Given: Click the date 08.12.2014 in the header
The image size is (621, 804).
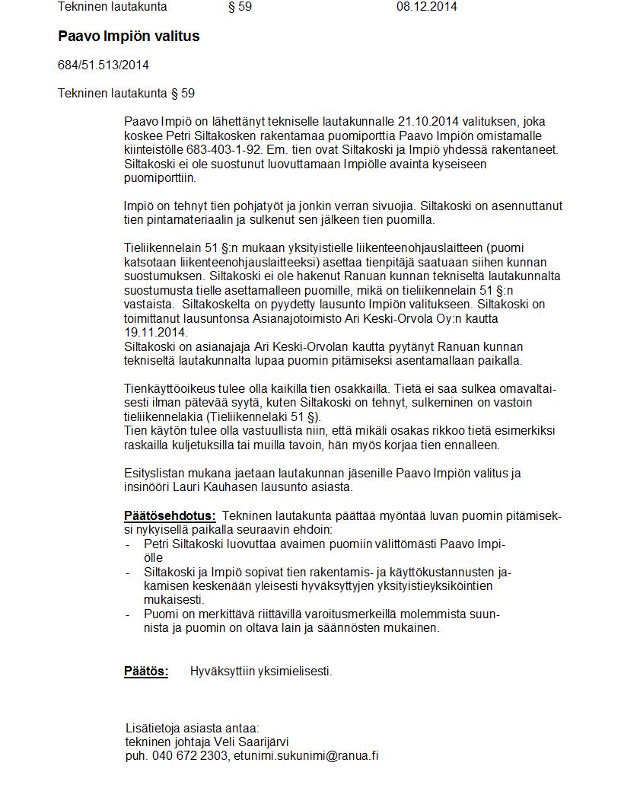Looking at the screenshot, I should coord(426,7).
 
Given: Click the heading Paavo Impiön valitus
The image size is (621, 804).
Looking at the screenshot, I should coord(129,37).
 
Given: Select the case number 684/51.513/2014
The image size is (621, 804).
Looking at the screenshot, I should coord(103,65).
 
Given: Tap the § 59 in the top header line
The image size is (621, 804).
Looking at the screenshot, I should coord(240,7).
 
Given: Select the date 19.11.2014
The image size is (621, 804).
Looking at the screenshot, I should coord(155,333).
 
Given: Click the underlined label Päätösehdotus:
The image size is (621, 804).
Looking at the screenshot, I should coord(170,515).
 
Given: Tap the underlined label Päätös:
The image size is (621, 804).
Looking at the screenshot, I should coord(146,671).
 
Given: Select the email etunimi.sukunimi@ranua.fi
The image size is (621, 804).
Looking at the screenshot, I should coord(306,756).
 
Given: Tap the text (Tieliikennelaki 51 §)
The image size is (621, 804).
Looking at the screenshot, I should coord(260,416).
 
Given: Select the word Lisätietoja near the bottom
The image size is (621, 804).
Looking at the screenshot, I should coord(152,728).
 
